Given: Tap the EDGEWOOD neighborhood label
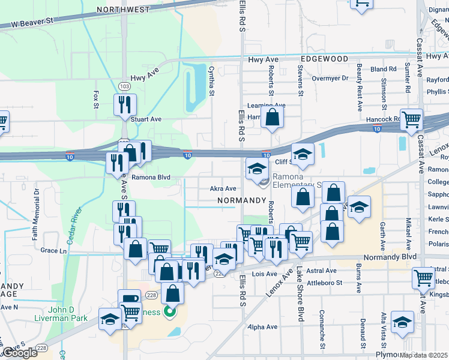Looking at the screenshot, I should coord(325,59).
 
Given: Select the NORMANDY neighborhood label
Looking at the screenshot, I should coord(242,200).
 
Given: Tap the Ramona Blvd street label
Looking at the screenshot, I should coord(151,178).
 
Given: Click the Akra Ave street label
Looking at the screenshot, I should coord(223,188).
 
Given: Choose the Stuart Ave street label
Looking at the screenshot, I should coord(147,119).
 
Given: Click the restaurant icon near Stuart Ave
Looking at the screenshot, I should coord(125,104).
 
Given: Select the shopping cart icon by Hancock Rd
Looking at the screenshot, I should coord(411,119).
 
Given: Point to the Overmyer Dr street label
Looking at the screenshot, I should coord(330,78).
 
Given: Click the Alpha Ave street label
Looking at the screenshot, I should coord(264,327).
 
